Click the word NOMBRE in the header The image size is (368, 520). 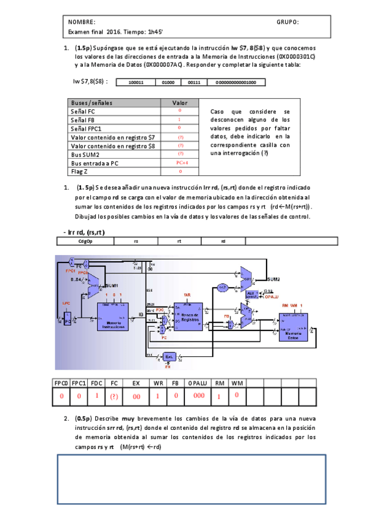click(x=82, y=22)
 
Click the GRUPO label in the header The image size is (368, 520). click(x=288, y=22)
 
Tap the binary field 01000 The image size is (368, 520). click(x=168, y=82)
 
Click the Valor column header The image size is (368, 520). click(x=180, y=103)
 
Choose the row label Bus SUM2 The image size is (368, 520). click(x=85, y=155)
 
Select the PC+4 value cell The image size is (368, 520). click(x=180, y=163)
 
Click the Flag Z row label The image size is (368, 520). click(x=80, y=172)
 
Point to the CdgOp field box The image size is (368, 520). click(x=85, y=241)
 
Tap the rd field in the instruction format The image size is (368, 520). click(x=223, y=241)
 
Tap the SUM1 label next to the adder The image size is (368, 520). click(x=112, y=286)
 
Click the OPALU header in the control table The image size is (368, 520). click(x=197, y=383)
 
